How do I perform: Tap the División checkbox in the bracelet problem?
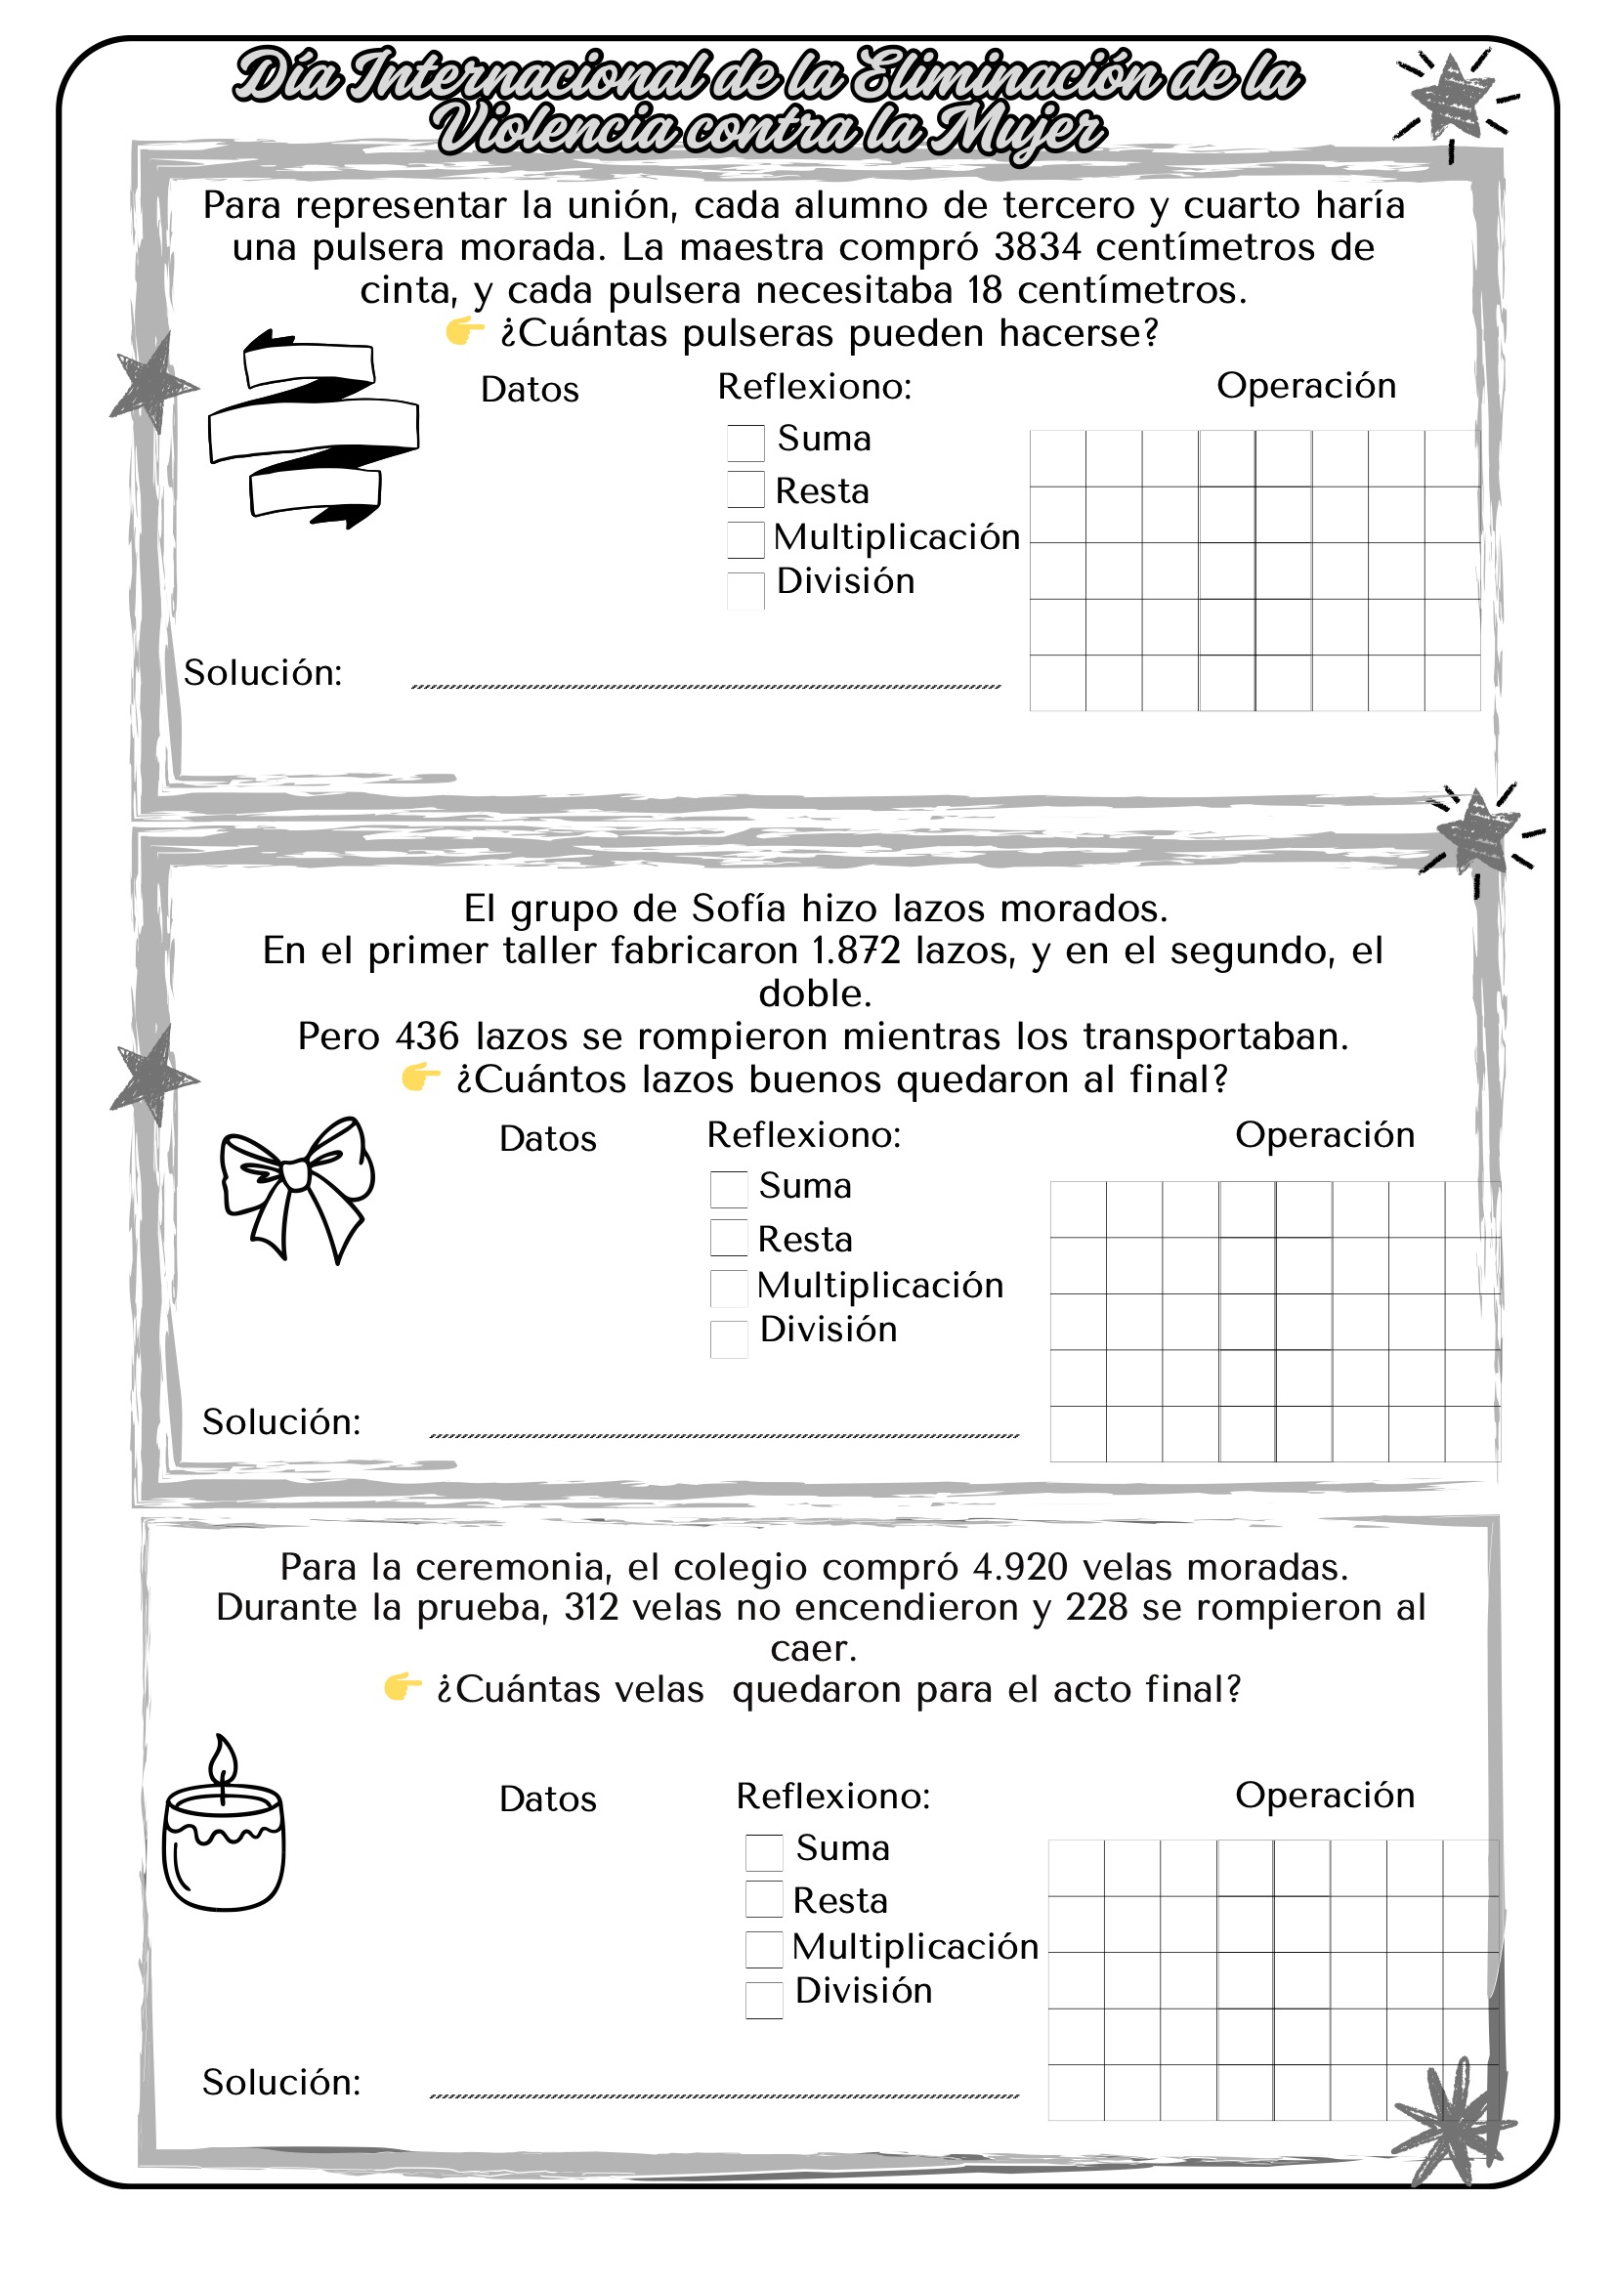(745, 590)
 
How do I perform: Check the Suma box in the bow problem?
(729, 1189)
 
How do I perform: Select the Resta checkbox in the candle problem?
(763, 1899)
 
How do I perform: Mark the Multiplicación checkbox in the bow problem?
(729, 1288)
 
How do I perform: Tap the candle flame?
(223, 1759)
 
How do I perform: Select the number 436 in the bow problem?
(427, 1037)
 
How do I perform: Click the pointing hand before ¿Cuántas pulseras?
(465, 331)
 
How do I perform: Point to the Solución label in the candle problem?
(281, 2082)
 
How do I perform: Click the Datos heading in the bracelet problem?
(530, 390)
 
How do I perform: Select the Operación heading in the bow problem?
(1325, 1135)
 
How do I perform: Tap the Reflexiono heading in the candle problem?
(832, 1797)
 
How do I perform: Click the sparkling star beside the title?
(1452, 98)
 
